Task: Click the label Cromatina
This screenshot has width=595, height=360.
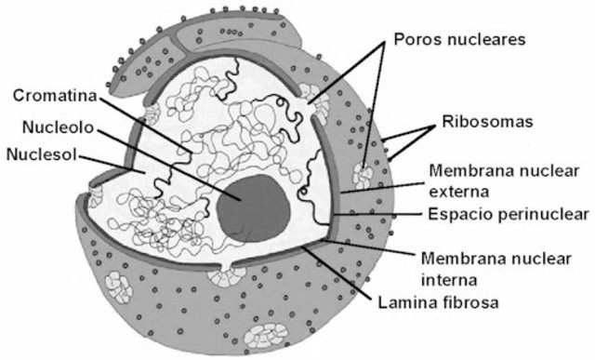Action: (x=52, y=95)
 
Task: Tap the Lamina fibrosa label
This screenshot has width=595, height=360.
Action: (x=439, y=303)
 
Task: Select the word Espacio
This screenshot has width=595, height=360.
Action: (x=456, y=215)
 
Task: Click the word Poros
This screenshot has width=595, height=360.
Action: (x=416, y=40)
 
